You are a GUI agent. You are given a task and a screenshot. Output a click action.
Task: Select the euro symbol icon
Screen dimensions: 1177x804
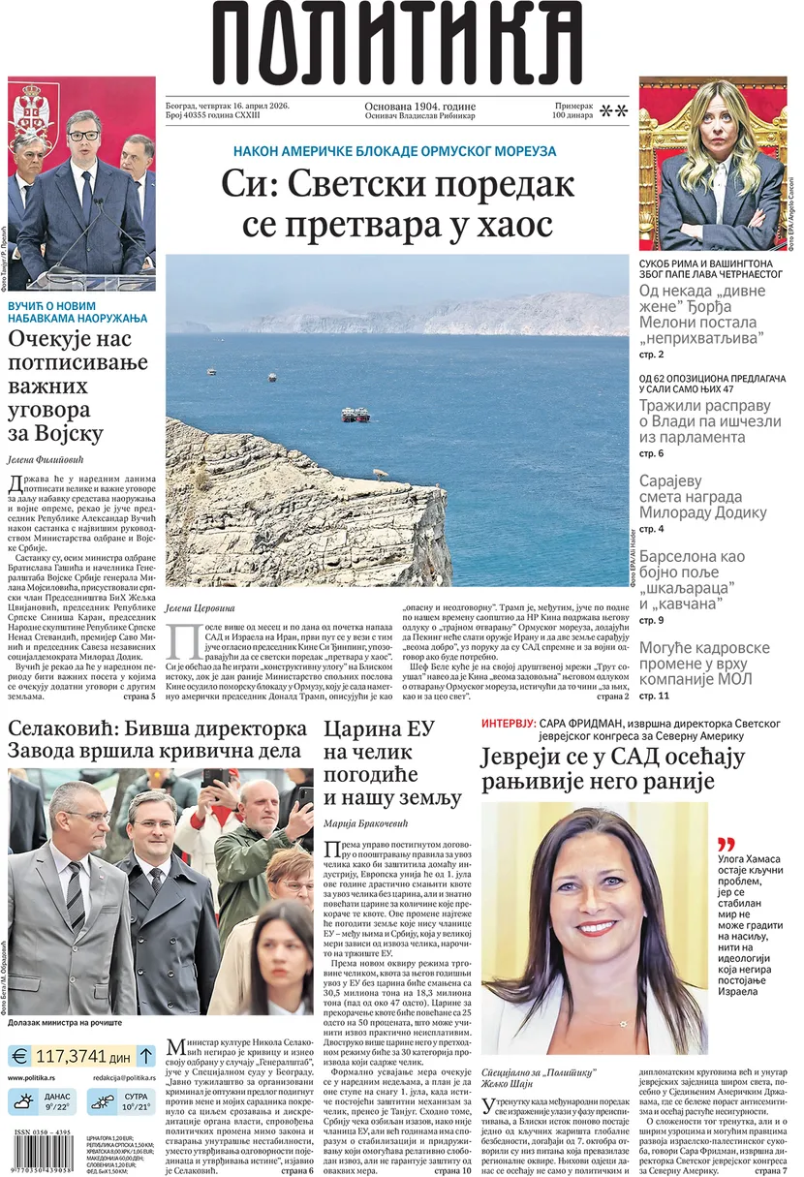coord(22,1056)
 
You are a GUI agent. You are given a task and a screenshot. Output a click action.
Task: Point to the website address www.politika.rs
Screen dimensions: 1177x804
coord(38,1077)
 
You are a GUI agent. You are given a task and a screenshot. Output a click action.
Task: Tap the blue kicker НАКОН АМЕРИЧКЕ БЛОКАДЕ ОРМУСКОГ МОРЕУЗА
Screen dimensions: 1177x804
coord(395,151)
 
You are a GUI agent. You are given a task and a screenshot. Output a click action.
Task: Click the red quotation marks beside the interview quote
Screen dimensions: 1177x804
coord(726,843)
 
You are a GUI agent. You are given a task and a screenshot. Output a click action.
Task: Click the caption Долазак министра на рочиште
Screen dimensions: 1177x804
coord(66,1022)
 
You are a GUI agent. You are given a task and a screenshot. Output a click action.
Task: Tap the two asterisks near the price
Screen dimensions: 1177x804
coord(613,111)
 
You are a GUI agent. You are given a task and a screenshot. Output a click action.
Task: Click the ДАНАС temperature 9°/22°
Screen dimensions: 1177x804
coord(57,1106)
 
